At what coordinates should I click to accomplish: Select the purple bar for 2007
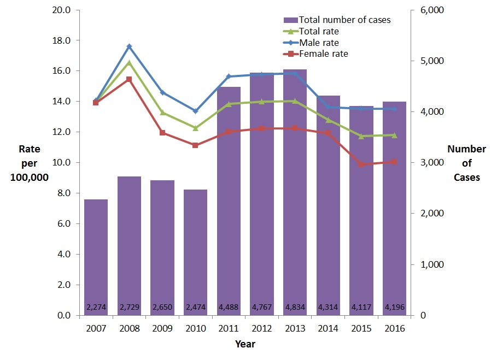tap(96, 257)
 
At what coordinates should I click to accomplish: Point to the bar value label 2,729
tap(129, 307)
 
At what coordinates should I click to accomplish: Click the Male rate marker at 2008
tap(129, 46)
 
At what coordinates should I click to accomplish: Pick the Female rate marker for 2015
tap(361, 164)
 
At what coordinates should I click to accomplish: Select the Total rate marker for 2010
tap(195, 128)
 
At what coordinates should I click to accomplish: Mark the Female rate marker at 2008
tap(129, 79)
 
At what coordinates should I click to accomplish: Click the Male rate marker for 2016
tap(394, 109)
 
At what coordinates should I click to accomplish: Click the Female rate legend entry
tap(323, 54)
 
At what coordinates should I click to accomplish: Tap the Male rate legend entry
tap(319, 43)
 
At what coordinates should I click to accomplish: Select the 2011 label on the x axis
tap(229, 329)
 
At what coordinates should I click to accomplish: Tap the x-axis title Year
tap(245, 344)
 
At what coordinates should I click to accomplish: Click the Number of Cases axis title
tap(466, 163)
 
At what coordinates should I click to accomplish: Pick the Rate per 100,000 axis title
tap(30, 163)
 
